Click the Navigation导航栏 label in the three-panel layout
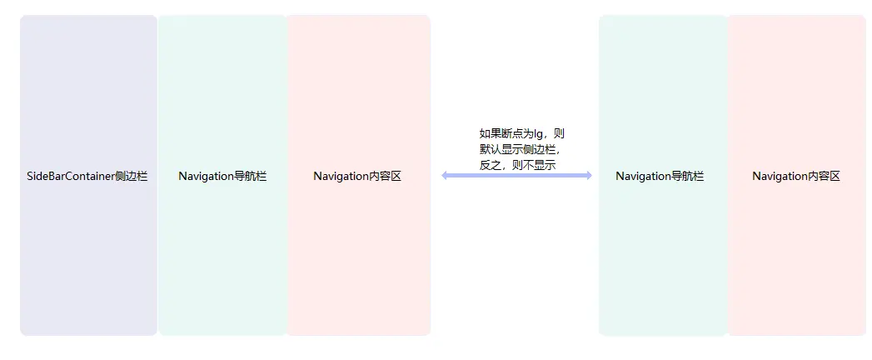pyautogui.click(x=222, y=177)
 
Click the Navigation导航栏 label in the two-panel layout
pyautogui.click(x=660, y=177)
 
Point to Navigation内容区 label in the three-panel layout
pyautogui.click(x=357, y=177)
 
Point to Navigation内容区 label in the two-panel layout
pyautogui.click(x=796, y=177)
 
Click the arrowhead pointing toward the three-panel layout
pyautogui.click(x=446, y=175)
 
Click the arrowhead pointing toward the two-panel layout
pyautogui.click(x=587, y=175)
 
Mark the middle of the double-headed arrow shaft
pyautogui.click(x=516, y=175)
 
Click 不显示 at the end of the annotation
pyautogui.click(x=540, y=165)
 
